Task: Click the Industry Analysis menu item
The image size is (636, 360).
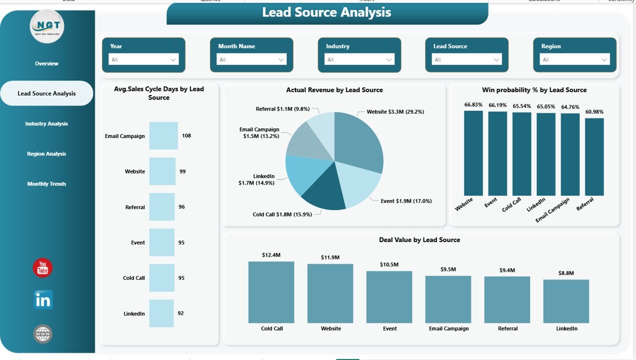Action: (x=46, y=123)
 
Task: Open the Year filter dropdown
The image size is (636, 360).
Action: (x=143, y=59)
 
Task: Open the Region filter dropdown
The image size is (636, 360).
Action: (x=574, y=59)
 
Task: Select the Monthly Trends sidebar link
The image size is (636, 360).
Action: (x=46, y=184)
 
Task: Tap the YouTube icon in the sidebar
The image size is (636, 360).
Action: (x=43, y=268)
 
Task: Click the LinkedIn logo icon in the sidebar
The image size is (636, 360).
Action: (x=43, y=300)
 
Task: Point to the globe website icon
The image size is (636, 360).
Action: (x=43, y=333)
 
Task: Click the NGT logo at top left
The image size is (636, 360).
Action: (x=47, y=26)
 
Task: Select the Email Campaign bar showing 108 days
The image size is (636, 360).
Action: (x=163, y=135)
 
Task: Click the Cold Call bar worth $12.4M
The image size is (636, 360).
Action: (x=271, y=292)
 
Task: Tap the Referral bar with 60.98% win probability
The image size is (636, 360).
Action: (x=594, y=156)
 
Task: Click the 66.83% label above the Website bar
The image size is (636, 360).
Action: (x=473, y=104)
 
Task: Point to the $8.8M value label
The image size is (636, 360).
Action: (x=566, y=273)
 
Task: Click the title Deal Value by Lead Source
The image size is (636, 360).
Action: (x=419, y=240)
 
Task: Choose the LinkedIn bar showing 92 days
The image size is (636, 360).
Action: (x=161, y=313)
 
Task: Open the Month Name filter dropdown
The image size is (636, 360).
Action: (x=251, y=59)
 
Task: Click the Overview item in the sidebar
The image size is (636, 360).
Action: (x=46, y=63)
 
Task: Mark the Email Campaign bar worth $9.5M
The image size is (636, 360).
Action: (x=448, y=299)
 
